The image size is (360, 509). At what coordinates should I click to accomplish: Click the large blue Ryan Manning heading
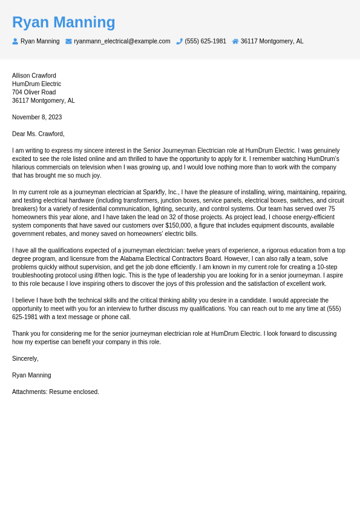(x=64, y=22)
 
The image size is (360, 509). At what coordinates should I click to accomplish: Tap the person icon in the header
(x=15, y=41)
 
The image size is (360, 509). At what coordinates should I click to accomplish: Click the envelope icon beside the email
(x=68, y=41)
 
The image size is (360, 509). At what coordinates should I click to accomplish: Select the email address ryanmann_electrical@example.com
(x=122, y=41)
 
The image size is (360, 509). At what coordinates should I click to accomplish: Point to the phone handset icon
(x=179, y=41)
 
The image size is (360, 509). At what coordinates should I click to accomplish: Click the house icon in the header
(x=235, y=41)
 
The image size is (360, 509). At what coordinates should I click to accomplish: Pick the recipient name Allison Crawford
(x=34, y=76)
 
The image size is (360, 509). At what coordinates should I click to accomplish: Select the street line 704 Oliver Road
(x=34, y=93)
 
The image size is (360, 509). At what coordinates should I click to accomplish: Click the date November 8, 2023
(x=37, y=117)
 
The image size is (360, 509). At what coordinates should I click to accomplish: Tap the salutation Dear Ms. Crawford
(x=38, y=134)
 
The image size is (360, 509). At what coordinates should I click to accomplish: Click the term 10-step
(x=327, y=267)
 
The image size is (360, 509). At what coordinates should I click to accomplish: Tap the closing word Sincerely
(x=25, y=358)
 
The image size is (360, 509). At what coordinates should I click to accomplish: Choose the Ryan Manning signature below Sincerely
(x=31, y=375)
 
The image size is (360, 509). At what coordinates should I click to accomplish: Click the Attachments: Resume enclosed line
(x=56, y=392)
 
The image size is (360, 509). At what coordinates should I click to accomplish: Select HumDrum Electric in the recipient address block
(x=36, y=84)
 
